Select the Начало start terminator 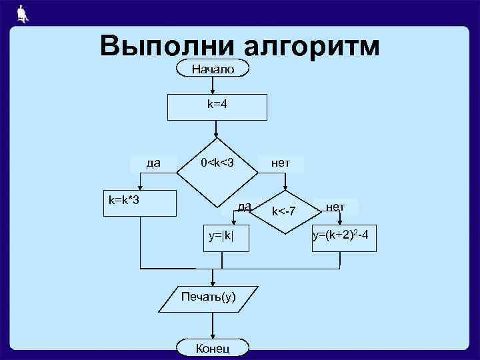click(x=213, y=69)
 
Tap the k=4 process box click(x=217, y=105)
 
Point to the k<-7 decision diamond click(x=285, y=213)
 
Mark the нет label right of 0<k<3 click(x=280, y=162)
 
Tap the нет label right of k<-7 click(x=335, y=207)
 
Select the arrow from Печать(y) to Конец click(x=213, y=327)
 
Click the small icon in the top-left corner click(x=22, y=13)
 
